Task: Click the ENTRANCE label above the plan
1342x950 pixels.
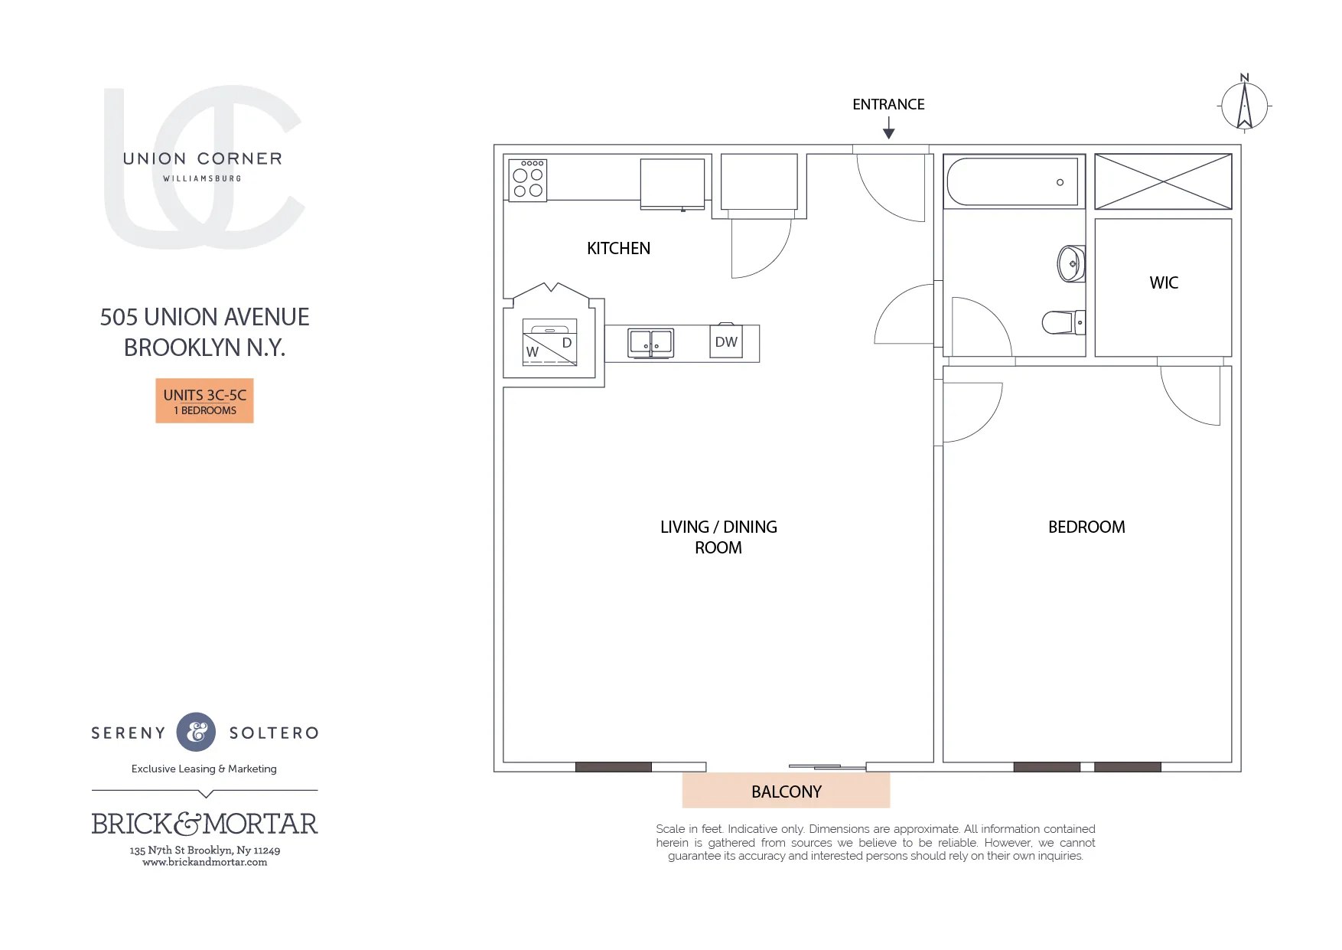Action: pyautogui.click(x=888, y=104)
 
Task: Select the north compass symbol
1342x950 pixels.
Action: pyautogui.click(x=1244, y=106)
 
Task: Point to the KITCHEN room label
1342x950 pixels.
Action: pyautogui.click(x=618, y=248)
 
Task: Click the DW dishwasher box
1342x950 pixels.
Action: pyautogui.click(x=726, y=342)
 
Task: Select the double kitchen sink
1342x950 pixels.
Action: pyautogui.click(x=650, y=342)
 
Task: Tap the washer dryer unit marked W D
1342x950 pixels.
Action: pyautogui.click(x=549, y=342)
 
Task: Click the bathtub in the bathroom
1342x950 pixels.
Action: pyautogui.click(x=1011, y=182)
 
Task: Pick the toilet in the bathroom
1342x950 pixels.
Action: pyautogui.click(x=1062, y=322)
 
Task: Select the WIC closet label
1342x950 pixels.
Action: pyautogui.click(x=1164, y=282)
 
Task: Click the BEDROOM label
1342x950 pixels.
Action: pyautogui.click(x=1086, y=527)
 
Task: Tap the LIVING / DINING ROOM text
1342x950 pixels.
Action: pyautogui.click(x=718, y=537)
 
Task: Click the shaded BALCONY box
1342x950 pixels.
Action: pyautogui.click(x=786, y=791)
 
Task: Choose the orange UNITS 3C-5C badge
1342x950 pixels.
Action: pyautogui.click(x=204, y=400)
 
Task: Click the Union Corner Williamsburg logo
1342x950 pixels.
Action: pyautogui.click(x=204, y=167)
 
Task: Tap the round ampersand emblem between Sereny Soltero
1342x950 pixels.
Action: pyautogui.click(x=197, y=732)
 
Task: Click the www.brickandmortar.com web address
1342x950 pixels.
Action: pyautogui.click(x=204, y=862)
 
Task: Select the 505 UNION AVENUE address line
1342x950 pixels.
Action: pyautogui.click(x=204, y=317)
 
